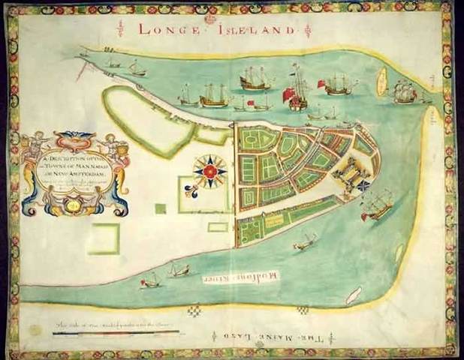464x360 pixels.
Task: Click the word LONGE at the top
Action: pos(167,29)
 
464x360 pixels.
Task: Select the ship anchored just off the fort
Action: pos(377,204)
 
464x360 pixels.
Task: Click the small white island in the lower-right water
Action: pos(353,295)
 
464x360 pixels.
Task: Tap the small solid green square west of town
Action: pos(160,209)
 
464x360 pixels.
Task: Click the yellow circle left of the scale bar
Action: pos(35,330)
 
